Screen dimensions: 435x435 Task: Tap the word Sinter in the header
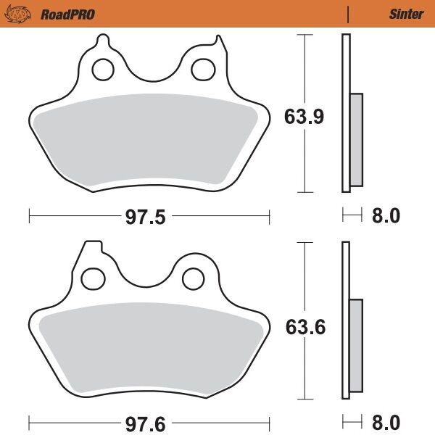point(406,14)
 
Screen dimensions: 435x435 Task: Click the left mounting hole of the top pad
point(102,70)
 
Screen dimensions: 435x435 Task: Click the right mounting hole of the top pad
point(201,70)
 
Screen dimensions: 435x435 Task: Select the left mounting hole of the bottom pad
point(92,278)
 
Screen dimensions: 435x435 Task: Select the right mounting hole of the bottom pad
point(193,278)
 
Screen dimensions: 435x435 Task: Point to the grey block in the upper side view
point(356,139)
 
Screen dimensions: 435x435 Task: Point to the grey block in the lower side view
point(356,345)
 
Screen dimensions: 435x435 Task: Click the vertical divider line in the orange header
point(349,14)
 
